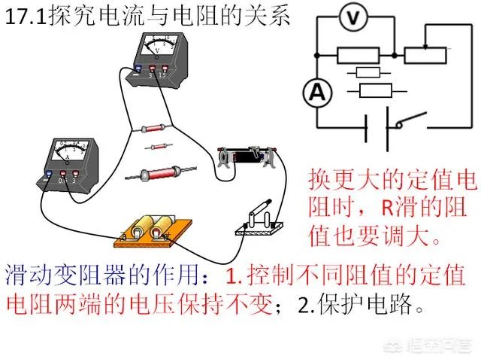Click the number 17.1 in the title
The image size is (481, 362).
coord(26,18)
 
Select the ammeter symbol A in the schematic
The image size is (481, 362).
coord(316,93)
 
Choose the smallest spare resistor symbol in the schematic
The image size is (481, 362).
coord(368,72)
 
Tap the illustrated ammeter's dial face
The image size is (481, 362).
coord(68,150)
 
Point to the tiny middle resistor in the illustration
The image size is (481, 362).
coord(159,146)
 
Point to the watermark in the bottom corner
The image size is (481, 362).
coord(436,348)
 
